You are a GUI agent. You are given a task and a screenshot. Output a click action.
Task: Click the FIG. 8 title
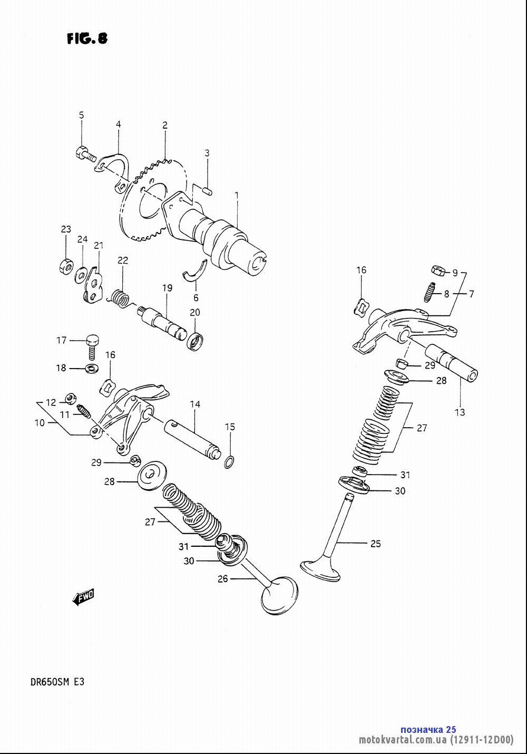pyautogui.click(x=87, y=38)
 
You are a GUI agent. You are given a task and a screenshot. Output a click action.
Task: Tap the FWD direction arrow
pyautogui.click(x=83, y=597)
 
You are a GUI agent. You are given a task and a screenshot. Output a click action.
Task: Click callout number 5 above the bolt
pyautogui.click(x=82, y=115)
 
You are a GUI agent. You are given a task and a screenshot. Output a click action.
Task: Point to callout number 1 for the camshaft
pyautogui.click(x=237, y=196)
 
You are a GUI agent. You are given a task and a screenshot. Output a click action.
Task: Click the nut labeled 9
pyautogui.click(x=438, y=270)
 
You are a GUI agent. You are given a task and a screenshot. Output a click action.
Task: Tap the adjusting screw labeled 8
pyautogui.click(x=430, y=292)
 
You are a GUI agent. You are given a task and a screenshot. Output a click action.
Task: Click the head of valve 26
pyautogui.click(x=279, y=595)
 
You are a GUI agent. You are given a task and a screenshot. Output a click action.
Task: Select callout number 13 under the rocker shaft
pyautogui.click(x=460, y=412)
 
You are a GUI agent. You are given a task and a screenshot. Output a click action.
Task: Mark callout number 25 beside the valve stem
pyautogui.click(x=376, y=544)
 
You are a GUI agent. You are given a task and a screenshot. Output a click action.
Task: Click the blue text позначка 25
pyautogui.click(x=428, y=730)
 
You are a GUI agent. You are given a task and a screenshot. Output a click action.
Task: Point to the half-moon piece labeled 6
pyautogui.click(x=196, y=272)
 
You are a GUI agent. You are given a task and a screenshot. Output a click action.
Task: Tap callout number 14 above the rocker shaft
pyautogui.click(x=195, y=404)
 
